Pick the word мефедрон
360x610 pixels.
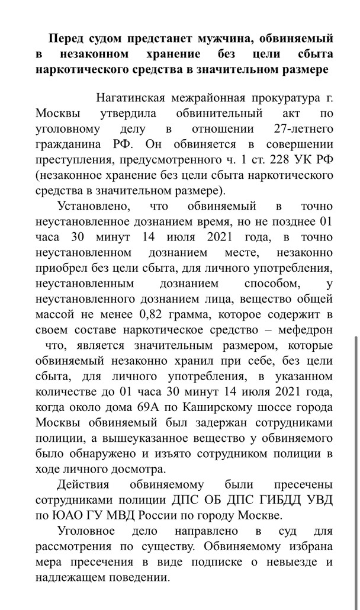click(301, 330)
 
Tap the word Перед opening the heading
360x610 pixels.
click(66, 38)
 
